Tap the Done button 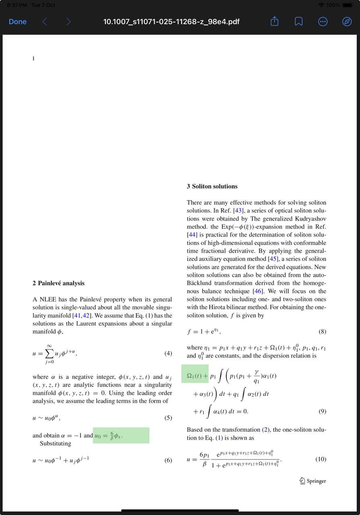coord(18,22)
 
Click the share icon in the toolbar coord(275,22)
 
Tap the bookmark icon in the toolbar coord(299,22)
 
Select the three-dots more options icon coord(323,22)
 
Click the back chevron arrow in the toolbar coord(45,22)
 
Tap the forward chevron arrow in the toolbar coord(68,22)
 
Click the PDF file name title coord(172,22)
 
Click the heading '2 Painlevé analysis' coord(58,283)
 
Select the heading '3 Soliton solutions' coord(212,186)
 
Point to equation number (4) coord(168,353)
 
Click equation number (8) coord(322,332)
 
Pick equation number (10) coord(321,459)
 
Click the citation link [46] coord(258,291)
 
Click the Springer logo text coord(313,481)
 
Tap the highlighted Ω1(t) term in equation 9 coord(194,376)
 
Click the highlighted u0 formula coord(109,436)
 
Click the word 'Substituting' coord(56,443)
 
